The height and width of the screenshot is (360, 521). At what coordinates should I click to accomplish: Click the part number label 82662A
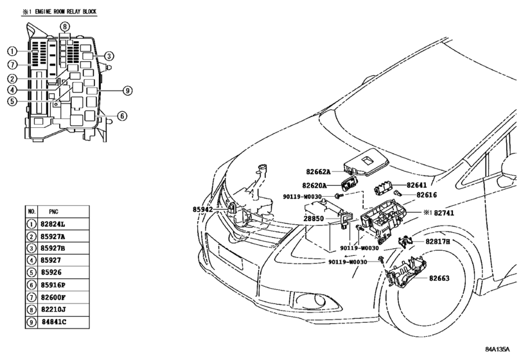[x=318, y=172]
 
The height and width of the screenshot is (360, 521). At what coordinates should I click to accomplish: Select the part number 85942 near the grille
[x=202, y=210]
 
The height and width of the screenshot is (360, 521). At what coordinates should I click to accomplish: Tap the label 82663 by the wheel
[x=439, y=278]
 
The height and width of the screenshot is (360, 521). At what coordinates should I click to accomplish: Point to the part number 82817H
[x=437, y=242]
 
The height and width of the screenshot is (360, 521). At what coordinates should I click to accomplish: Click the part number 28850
[x=313, y=219]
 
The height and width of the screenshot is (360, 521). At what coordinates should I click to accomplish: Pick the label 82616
[x=427, y=195]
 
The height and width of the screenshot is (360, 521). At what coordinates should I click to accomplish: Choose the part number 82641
[x=417, y=185]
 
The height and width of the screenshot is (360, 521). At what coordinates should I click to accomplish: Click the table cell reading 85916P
[x=53, y=285]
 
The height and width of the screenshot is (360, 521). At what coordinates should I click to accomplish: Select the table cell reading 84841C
[x=54, y=322]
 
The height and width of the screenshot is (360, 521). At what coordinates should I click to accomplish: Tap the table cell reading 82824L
[x=53, y=224]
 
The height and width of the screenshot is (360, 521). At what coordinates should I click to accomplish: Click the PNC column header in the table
[x=53, y=212]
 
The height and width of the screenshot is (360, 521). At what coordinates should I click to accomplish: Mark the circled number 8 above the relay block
[x=65, y=26]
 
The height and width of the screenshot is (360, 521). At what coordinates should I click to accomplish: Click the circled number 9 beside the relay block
[x=127, y=91]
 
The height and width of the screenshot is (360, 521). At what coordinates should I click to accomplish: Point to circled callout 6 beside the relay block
[x=122, y=116]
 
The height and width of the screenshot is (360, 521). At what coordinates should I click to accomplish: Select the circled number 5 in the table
[x=31, y=273]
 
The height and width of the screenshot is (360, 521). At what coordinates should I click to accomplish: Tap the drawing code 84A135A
[x=497, y=349]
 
